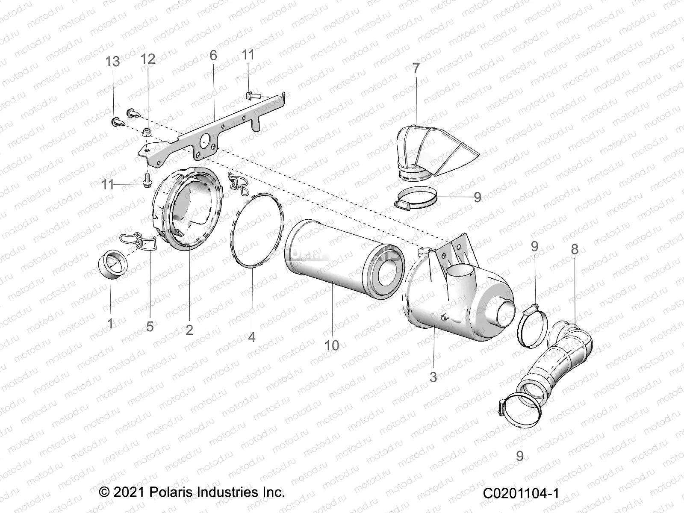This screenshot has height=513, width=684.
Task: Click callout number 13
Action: (x=113, y=62)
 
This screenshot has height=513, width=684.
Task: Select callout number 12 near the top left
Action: (x=148, y=59)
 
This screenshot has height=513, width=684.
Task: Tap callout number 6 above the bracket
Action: (x=213, y=56)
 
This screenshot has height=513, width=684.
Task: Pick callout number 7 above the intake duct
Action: (x=416, y=68)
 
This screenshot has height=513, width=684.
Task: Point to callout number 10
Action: (x=332, y=345)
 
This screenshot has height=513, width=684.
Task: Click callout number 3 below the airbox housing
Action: (x=433, y=377)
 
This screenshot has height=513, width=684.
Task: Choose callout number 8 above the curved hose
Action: (x=575, y=250)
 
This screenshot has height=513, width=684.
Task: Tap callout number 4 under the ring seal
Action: (x=252, y=337)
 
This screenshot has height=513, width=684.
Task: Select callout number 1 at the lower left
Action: (x=110, y=324)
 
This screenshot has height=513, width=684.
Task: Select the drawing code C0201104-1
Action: (x=521, y=493)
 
